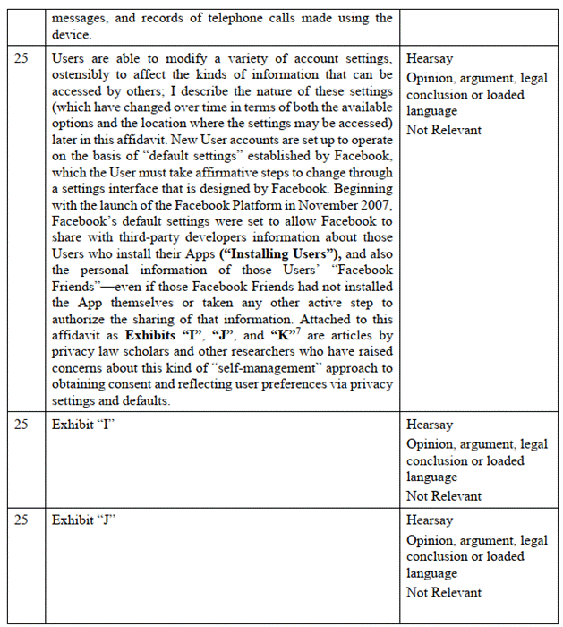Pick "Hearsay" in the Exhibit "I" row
(x=429, y=425)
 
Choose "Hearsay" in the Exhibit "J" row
(x=429, y=520)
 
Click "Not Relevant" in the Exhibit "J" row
(x=443, y=592)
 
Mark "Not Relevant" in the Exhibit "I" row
(x=443, y=495)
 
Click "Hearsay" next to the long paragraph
(x=429, y=56)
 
